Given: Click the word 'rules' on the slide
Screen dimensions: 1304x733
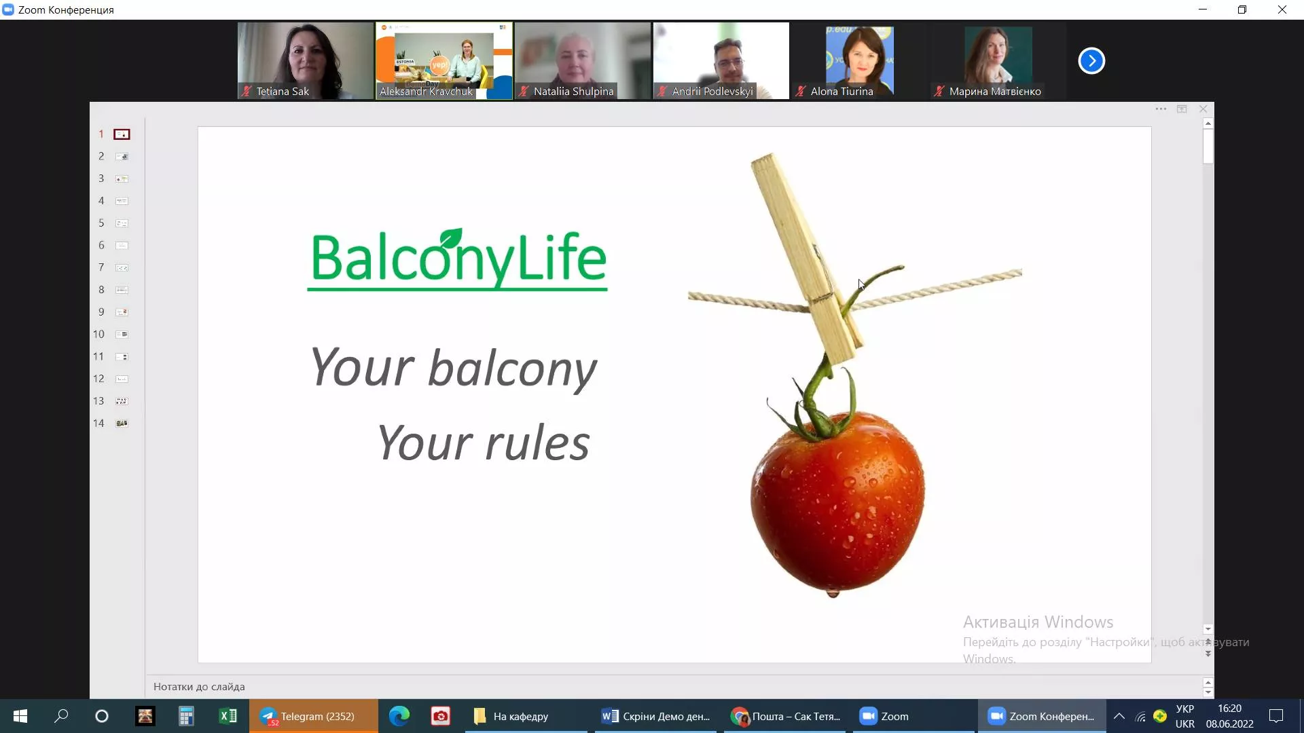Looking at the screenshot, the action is click(537, 443).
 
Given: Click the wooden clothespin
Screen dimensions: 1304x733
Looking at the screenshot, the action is click(806, 258).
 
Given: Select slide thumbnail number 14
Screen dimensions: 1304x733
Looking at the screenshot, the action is click(122, 424).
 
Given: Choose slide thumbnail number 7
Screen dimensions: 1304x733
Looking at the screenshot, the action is click(122, 267).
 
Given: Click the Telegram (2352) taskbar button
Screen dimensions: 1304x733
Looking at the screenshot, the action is click(313, 716).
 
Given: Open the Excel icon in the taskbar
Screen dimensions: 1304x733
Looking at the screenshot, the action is click(228, 716).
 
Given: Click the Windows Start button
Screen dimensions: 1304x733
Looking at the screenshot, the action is click(20, 716).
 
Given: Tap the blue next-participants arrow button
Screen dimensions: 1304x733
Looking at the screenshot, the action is click(1091, 61).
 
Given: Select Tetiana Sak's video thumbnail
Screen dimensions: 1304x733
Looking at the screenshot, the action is click(306, 61).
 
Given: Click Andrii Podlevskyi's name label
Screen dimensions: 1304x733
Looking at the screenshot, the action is click(712, 91).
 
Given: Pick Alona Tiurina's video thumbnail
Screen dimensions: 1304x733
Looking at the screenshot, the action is click(860, 61).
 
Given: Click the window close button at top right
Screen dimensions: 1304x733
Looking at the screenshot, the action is click(1282, 10).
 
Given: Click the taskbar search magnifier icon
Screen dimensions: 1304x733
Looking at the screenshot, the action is click(61, 716).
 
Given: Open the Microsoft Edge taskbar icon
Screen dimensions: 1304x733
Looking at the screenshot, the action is click(399, 716).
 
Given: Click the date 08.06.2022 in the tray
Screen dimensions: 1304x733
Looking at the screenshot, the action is click(1229, 724).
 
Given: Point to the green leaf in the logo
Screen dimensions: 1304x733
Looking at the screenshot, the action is click(450, 238).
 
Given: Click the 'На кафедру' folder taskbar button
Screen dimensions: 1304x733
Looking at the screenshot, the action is click(520, 716).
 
